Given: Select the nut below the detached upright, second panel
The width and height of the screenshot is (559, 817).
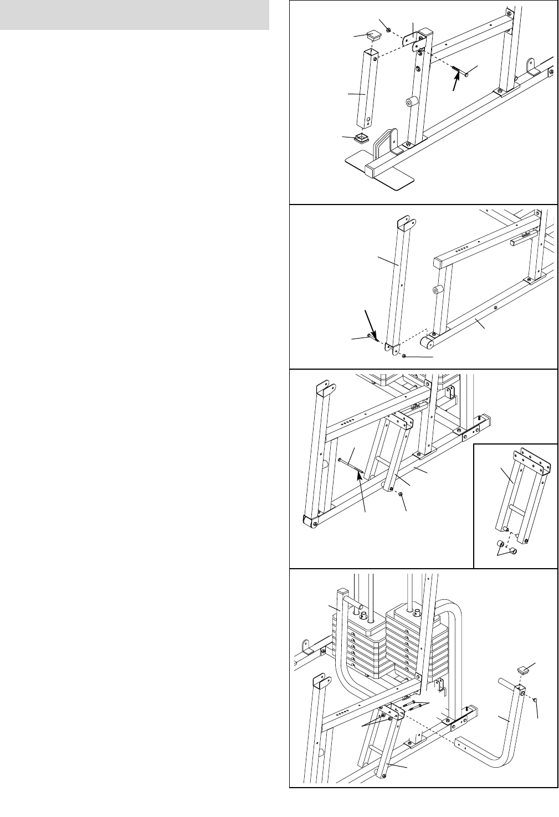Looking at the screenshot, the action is (405, 355).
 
